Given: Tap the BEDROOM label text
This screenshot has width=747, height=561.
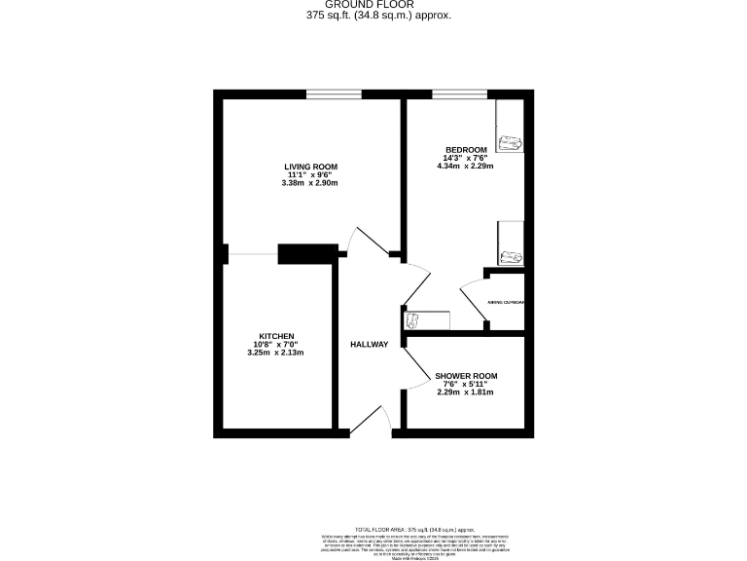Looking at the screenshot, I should (x=466, y=149).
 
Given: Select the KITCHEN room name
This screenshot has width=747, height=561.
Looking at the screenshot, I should (x=276, y=336).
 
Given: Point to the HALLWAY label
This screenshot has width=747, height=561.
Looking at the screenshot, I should (x=370, y=344).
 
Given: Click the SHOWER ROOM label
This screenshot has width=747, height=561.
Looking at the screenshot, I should (x=466, y=376).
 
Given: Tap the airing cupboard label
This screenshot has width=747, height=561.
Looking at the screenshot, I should (x=506, y=303).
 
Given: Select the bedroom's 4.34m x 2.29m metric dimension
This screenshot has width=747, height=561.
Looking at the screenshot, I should (x=466, y=166).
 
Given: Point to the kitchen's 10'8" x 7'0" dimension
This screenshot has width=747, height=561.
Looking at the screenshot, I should (x=276, y=344).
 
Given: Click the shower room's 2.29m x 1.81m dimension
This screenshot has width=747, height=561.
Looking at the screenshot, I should (x=466, y=393).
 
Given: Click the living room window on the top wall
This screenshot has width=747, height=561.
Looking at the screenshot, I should (x=334, y=94).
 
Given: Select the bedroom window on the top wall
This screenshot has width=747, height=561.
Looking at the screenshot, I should (x=460, y=94).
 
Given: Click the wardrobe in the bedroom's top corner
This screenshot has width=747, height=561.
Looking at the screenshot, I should (x=510, y=127).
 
